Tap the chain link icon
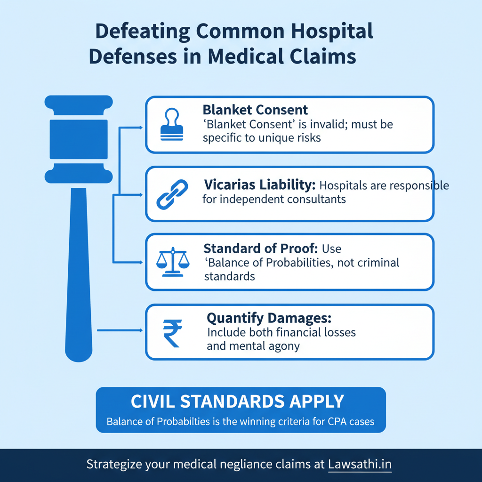click(172, 194)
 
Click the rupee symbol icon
click(172, 332)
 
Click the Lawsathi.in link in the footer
click(360, 465)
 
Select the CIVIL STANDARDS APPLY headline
click(237, 402)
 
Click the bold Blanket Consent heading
click(255, 110)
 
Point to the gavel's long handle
click(79, 273)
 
